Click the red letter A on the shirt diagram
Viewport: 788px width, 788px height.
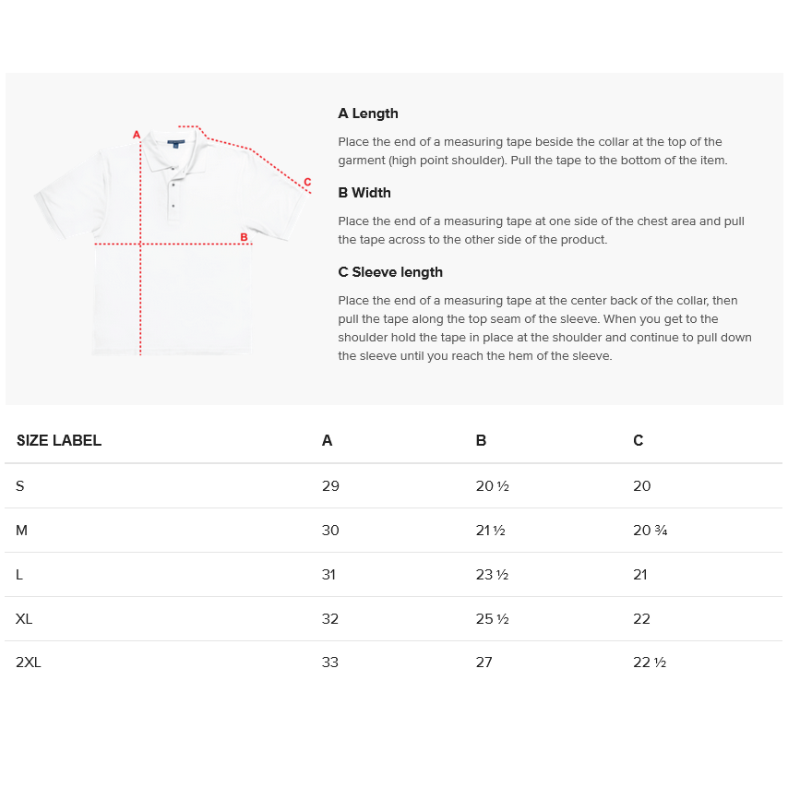[x=137, y=135]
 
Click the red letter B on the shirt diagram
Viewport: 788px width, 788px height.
[x=244, y=237]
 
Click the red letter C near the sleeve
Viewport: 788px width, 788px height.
[x=307, y=182]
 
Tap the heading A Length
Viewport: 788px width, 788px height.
[x=368, y=113]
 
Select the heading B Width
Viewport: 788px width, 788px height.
[x=364, y=193]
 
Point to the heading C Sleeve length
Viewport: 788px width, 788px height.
[x=390, y=272]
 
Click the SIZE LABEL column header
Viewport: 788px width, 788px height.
[x=59, y=441]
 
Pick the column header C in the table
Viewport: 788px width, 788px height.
[x=639, y=441]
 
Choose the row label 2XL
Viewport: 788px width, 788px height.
[x=29, y=663]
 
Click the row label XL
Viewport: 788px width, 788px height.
[x=24, y=618]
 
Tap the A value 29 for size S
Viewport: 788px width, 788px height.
[x=330, y=486]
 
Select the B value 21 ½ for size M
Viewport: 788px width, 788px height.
[x=490, y=531]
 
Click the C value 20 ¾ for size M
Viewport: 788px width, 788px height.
[x=650, y=531]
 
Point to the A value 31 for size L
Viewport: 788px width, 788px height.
[x=328, y=575]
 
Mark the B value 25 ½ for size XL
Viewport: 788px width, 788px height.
[x=492, y=619]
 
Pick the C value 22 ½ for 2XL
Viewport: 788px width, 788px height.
[x=650, y=663]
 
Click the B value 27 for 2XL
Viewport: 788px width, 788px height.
[x=484, y=663]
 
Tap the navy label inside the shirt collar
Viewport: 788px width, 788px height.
[x=174, y=144]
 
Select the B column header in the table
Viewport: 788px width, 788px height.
[x=481, y=441]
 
